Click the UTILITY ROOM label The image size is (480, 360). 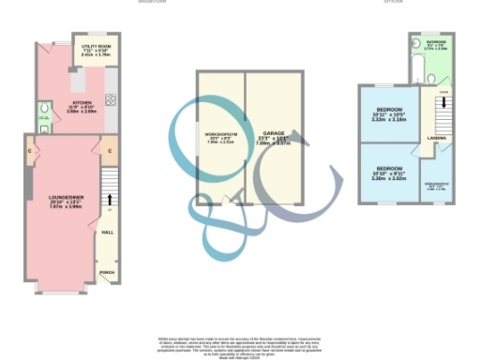click(97, 45)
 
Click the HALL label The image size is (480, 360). click(108, 231)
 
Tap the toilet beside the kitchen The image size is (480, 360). click(45, 117)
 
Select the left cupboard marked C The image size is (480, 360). click(32, 150)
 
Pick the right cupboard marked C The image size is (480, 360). click(110, 150)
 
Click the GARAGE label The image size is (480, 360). click(273, 134)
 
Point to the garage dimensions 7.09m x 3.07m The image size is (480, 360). click(273, 144)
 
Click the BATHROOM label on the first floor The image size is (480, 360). click(437, 43)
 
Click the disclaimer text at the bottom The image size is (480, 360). click(241, 343)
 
